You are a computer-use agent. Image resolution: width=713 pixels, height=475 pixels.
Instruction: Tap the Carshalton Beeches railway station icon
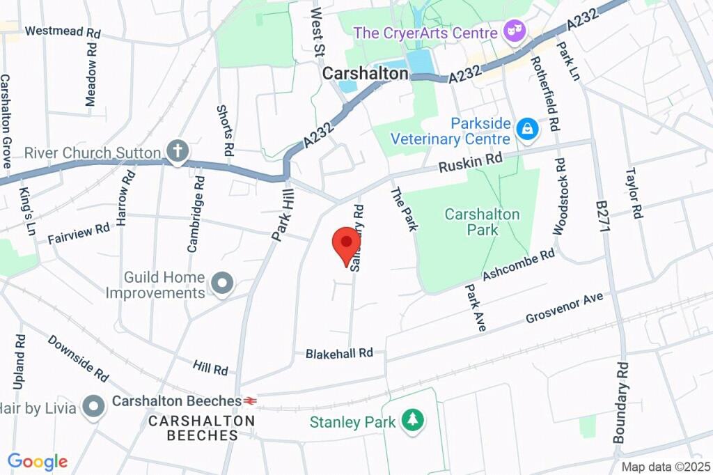250,401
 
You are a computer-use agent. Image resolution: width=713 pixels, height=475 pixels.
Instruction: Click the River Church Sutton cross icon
178,152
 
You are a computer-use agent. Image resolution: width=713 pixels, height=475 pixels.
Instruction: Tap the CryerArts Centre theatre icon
516,32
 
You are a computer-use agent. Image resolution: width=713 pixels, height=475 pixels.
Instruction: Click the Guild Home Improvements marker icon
222,284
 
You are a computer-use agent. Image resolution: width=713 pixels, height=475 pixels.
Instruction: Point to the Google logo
38,461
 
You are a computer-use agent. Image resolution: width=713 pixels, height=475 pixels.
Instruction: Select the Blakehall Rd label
340,354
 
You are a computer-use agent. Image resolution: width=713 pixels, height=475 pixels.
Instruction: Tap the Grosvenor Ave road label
564,309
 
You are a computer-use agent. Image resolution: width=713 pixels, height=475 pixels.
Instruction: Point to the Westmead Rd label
62,32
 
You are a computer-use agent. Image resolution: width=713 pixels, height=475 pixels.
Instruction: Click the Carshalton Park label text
482,221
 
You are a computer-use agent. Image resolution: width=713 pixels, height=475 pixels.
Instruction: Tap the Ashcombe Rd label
519,265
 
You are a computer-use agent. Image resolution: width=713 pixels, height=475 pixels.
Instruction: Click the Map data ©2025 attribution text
665,467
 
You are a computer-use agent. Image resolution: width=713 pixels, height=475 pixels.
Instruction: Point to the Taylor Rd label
634,193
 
